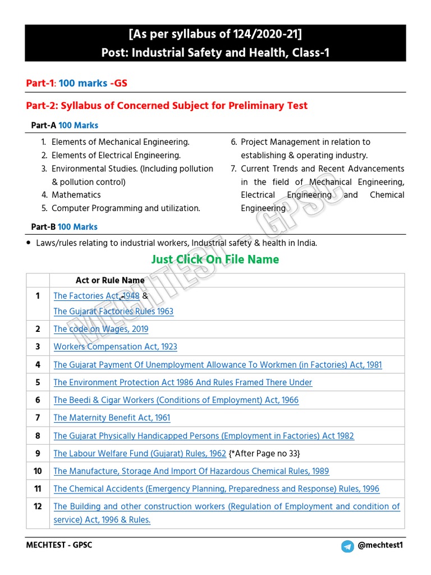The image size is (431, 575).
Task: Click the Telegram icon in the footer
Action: pyautogui.click(x=347, y=546)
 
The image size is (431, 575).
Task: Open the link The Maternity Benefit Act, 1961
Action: pyautogui.click(x=112, y=418)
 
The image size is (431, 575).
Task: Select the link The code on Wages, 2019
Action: pyautogui.click(x=100, y=329)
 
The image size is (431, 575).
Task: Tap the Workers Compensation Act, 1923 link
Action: pyautogui.click(x=115, y=347)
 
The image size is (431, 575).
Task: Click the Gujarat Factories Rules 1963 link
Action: pyautogui.click(x=113, y=312)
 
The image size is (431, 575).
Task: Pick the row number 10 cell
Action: pyautogui.click(x=38, y=471)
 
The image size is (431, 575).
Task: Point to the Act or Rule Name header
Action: pyautogui.click(x=110, y=280)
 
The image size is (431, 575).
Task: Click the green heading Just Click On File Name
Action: pyautogui.click(x=215, y=259)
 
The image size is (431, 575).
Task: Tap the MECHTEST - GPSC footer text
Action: pyautogui.click(x=59, y=546)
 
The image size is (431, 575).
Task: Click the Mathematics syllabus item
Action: pyautogui.click(x=76, y=195)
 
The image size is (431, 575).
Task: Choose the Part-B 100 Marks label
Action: pyautogui.click(x=64, y=227)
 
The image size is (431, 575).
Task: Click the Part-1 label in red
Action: pyautogui.click(x=40, y=83)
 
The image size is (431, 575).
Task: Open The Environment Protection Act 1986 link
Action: pyautogui.click(x=182, y=382)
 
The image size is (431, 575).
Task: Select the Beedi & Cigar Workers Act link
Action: pyautogui.click(x=176, y=400)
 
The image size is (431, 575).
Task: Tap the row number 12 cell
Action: pyautogui.click(x=38, y=506)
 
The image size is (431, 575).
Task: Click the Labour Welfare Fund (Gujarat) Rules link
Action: pyautogui.click(x=140, y=454)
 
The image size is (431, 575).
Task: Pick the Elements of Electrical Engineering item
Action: pyautogui.click(x=116, y=156)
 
